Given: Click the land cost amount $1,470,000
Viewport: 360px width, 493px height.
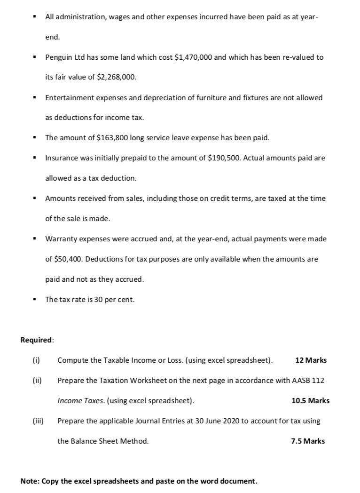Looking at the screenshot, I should (x=193, y=57).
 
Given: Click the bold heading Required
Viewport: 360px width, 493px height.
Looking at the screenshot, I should (x=37, y=340).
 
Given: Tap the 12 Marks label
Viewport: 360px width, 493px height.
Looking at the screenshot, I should (x=311, y=360).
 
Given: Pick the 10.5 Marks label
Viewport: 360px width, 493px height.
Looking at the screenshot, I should (x=310, y=401).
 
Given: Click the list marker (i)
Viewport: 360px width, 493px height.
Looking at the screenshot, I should (x=35, y=360).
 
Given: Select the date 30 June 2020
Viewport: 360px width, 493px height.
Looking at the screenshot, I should (x=217, y=421).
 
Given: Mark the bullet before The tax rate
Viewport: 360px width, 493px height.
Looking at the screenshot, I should (x=34, y=299).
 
